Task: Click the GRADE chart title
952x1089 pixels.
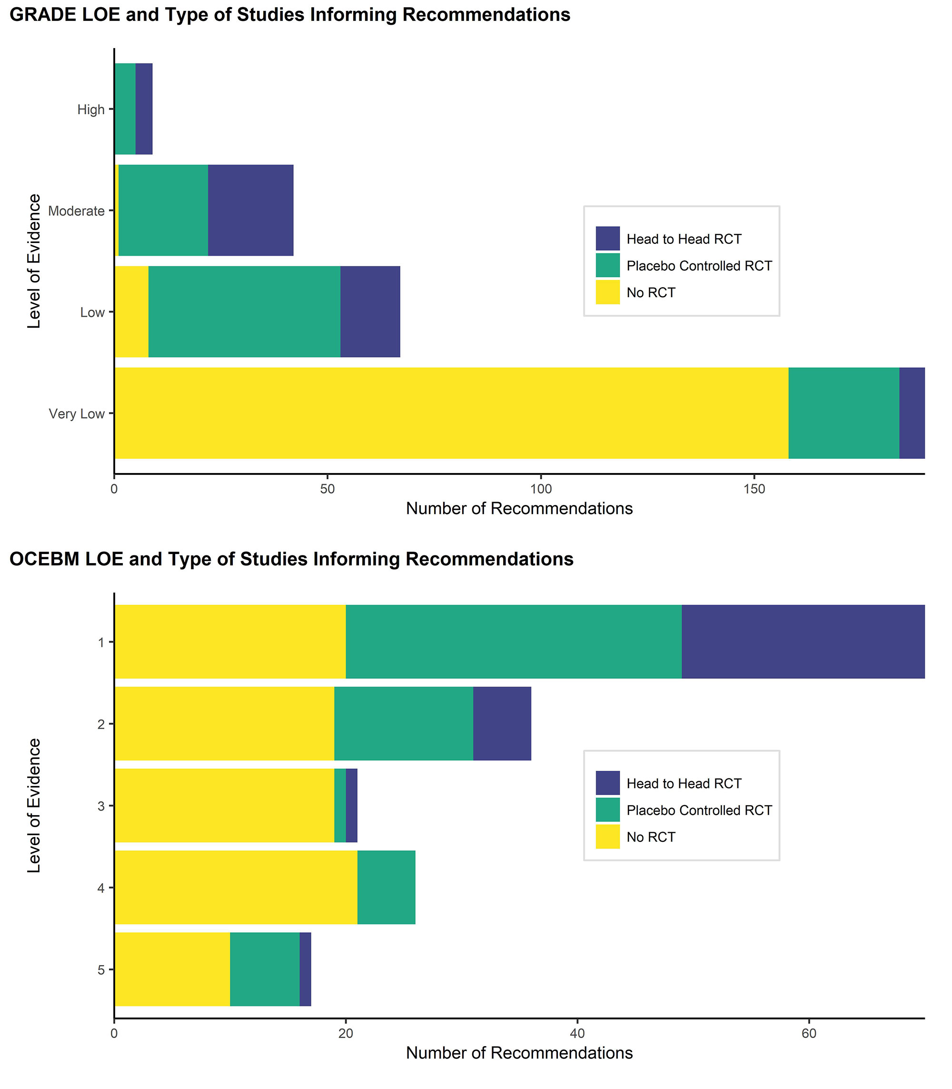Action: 290,15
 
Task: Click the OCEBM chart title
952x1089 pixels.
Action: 292,559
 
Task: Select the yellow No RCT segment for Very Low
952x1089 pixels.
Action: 452,413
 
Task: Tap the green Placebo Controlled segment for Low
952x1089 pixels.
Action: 244,312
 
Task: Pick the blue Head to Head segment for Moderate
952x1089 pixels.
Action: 251,211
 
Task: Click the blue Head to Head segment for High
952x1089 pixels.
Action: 144,109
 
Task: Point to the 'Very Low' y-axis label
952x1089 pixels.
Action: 77,413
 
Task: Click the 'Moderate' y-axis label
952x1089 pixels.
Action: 76,211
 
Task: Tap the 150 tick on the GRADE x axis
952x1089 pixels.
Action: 754,489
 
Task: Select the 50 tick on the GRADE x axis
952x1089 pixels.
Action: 327,489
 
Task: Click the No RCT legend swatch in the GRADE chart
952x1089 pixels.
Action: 608,292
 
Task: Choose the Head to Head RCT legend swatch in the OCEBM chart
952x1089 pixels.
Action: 608,783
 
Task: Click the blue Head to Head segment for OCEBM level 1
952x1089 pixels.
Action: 803,642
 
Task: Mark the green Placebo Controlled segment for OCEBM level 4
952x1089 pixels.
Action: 386,887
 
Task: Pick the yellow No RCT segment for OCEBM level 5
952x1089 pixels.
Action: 173,969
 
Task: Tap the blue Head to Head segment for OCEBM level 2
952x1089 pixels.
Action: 502,724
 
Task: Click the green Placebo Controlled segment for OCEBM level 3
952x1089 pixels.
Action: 340,806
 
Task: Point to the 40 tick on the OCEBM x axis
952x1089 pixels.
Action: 577,1033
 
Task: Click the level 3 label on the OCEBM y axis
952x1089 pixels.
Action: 101,806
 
